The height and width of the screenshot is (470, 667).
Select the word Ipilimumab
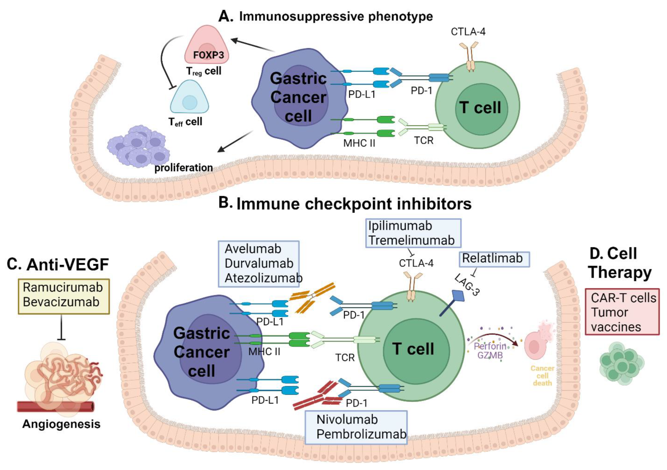(x=400, y=226)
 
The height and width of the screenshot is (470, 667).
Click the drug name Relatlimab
(x=492, y=258)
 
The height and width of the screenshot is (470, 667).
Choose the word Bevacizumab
(x=61, y=302)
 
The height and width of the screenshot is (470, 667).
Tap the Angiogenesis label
(x=61, y=424)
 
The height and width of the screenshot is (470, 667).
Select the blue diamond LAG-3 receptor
(x=458, y=295)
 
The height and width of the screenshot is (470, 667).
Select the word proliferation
(x=183, y=168)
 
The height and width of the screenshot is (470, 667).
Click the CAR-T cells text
(x=623, y=298)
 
